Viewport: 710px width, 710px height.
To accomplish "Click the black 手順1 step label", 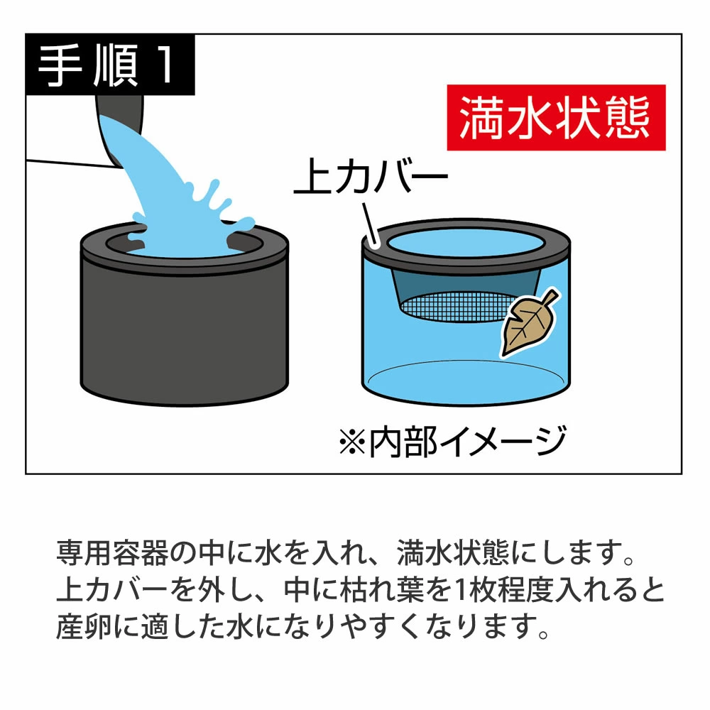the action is pyautogui.click(x=110, y=65).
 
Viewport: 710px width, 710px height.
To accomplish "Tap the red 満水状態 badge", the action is pyautogui.click(x=556, y=117).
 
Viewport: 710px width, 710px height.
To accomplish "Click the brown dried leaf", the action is pyautogui.click(x=529, y=322).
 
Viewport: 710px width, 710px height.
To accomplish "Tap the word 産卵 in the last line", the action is pyautogui.click(x=84, y=627).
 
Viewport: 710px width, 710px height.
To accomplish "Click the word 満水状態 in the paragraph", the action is pyautogui.click(x=453, y=553).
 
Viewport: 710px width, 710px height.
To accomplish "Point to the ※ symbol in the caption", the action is pyautogui.click(x=352, y=442).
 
